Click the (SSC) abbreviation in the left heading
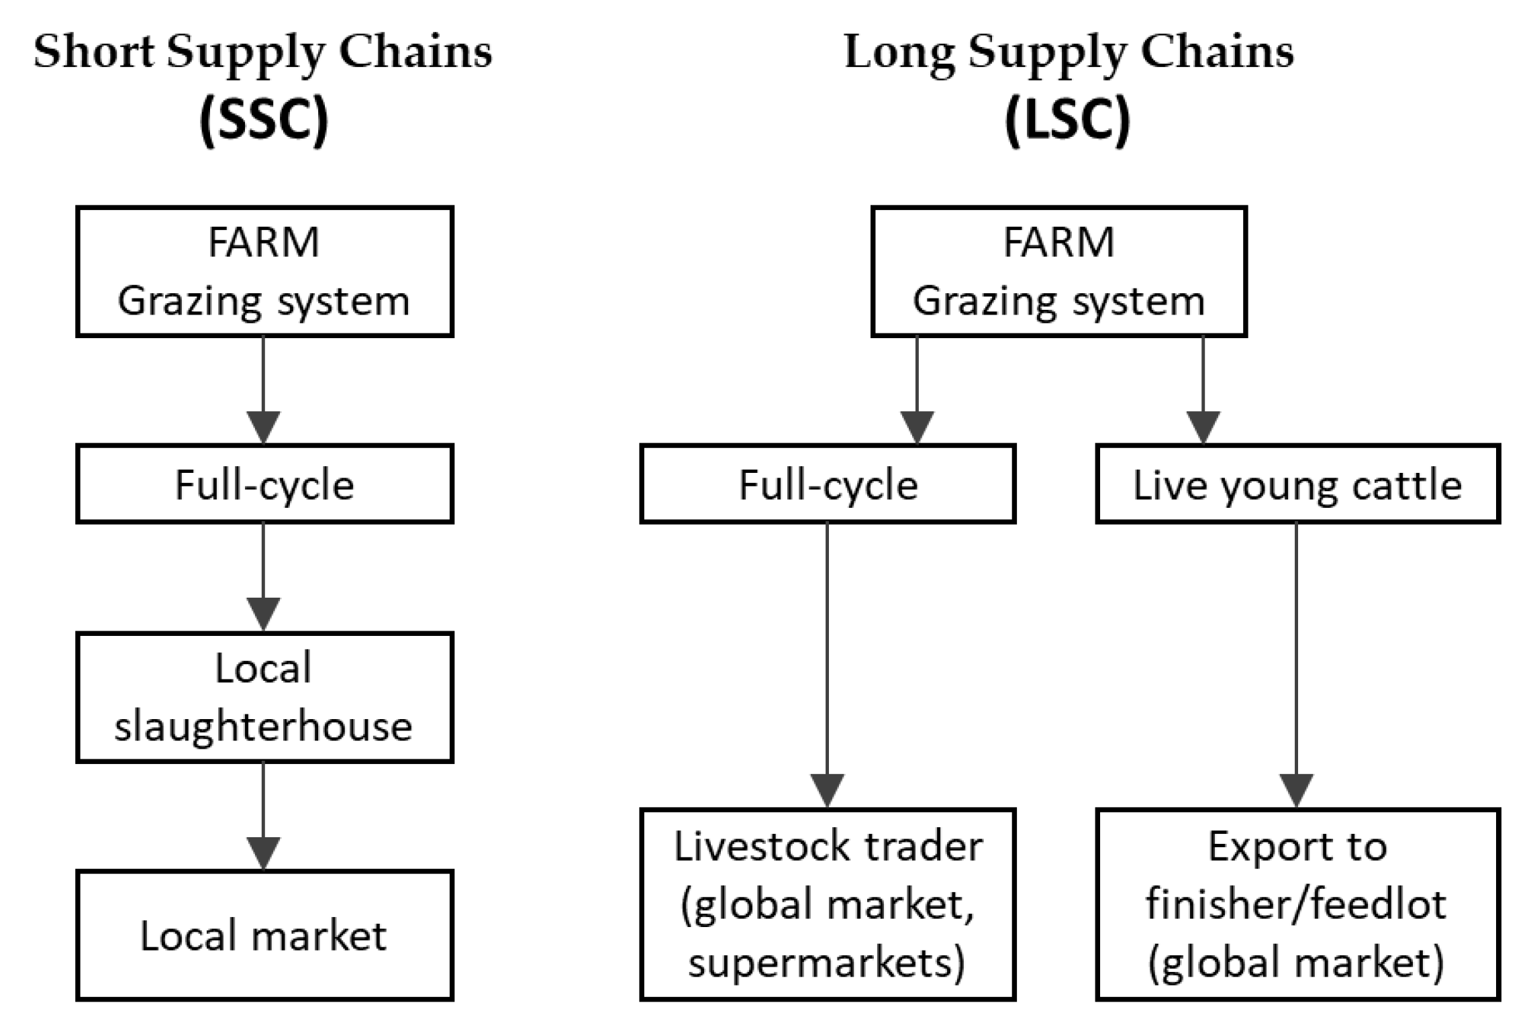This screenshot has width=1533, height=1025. [x=264, y=119]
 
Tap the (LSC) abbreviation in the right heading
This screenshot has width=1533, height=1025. [x=1067, y=119]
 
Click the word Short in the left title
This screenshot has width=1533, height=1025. [x=93, y=52]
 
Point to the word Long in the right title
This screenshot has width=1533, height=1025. [x=899, y=52]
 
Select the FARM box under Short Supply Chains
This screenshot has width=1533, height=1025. [x=264, y=271]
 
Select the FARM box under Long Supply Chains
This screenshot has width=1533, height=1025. [x=1058, y=271]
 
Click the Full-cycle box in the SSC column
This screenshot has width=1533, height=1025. [x=264, y=484]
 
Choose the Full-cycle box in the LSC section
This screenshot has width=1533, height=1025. [x=827, y=484]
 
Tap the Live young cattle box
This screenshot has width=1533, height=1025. [x=1297, y=484]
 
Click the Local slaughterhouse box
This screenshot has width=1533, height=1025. [x=264, y=697]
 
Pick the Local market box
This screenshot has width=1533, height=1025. [x=264, y=935]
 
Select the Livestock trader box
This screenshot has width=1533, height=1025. [x=827, y=904]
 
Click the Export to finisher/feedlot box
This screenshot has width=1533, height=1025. [x=1297, y=904]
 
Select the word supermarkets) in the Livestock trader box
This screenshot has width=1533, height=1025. [x=827, y=963]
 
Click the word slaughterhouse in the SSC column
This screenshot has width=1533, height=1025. [x=263, y=727]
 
